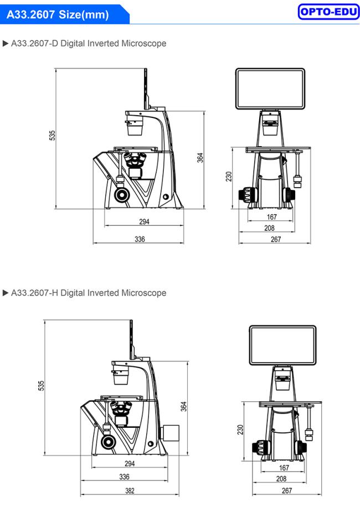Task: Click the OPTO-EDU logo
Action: tap(328, 12)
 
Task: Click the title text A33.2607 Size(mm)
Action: tap(58, 14)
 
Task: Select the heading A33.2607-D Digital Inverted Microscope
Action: tap(89, 43)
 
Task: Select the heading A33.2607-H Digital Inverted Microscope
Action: tap(89, 293)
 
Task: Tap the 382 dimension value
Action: tap(130, 490)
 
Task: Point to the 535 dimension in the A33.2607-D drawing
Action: tap(52, 136)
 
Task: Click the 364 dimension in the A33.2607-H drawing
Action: tap(184, 406)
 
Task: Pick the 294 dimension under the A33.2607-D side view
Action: tap(144, 222)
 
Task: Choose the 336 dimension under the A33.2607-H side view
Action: tap(124, 477)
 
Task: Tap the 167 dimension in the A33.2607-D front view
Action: tap(271, 217)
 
